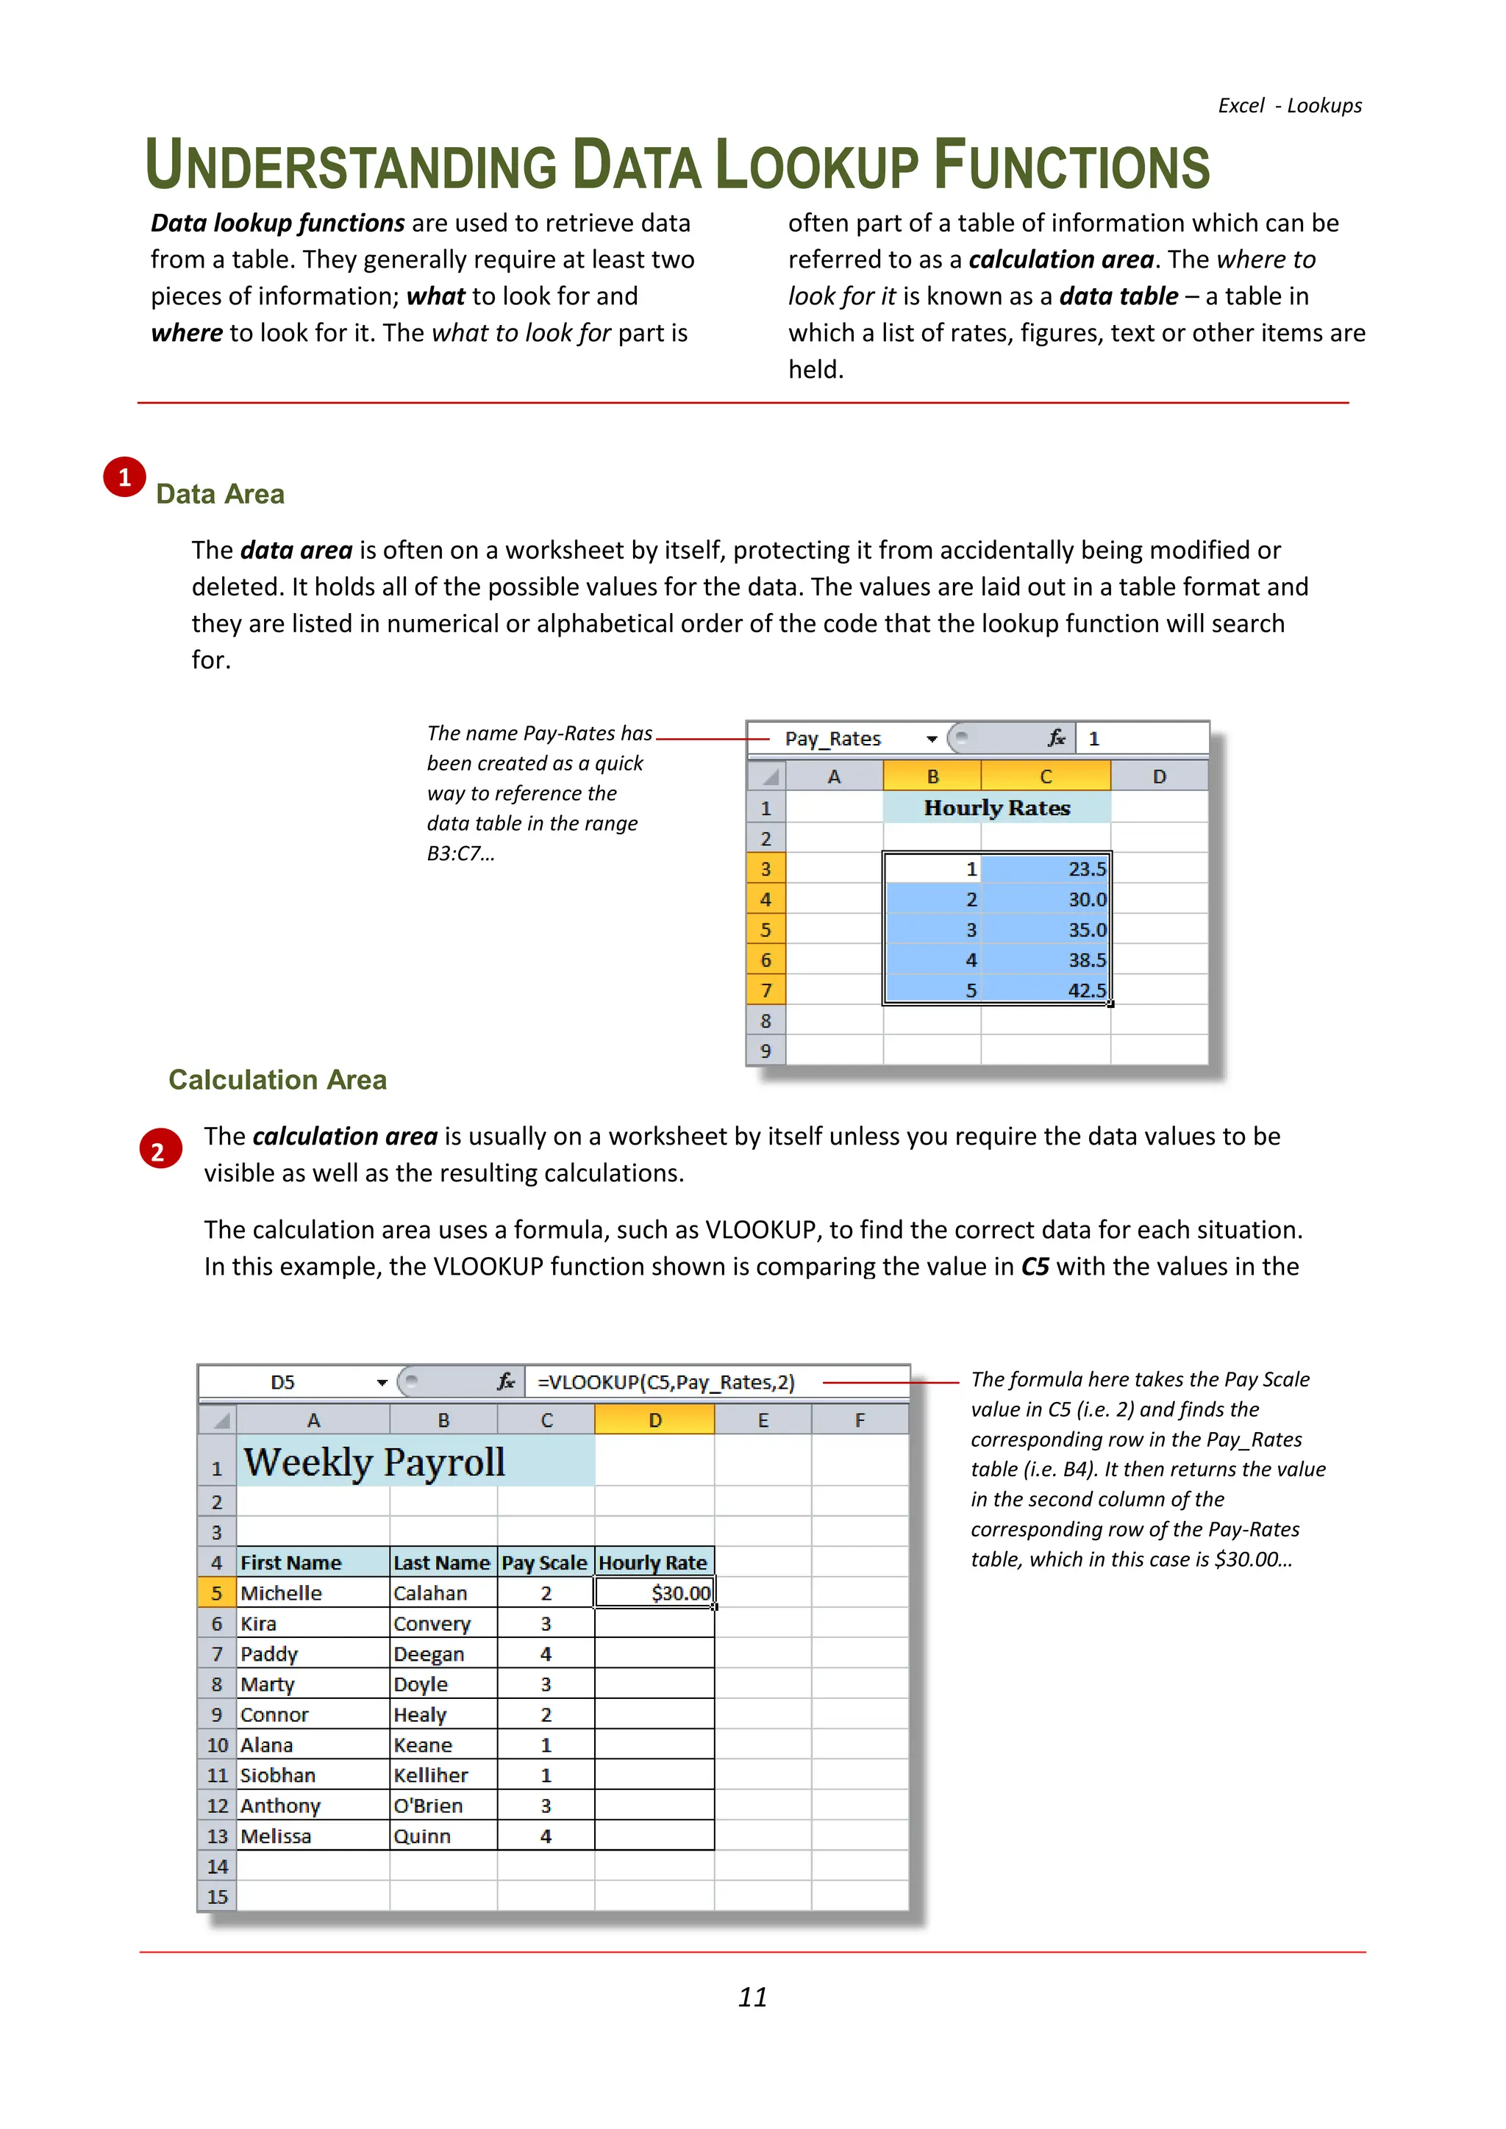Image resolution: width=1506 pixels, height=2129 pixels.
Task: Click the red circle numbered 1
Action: [124, 478]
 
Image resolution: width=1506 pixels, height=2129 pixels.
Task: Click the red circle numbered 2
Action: [160, 1151]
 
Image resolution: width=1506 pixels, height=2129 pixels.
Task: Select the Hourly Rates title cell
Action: [997, 808]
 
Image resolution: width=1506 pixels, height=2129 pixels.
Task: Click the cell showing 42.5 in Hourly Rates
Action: [1046, 990]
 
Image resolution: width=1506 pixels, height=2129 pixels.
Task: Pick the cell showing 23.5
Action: [1046, 869]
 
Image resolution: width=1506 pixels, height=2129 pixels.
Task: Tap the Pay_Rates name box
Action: [832, 739]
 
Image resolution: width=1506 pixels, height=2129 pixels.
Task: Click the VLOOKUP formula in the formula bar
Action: [665, 1383]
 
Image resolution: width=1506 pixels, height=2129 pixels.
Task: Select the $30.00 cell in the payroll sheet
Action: [654, 1593]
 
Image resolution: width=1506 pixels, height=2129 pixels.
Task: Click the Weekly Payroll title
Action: [374, 1462]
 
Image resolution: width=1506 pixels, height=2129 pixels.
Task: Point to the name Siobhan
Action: [277, 1775]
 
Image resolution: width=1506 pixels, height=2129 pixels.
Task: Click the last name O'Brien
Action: [427, 1806]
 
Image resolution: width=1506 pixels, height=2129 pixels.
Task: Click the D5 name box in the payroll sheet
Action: [283, 1383]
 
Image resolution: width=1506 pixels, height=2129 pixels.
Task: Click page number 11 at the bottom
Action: [752, 1997]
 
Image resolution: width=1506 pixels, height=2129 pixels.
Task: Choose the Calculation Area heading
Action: [277, 1079]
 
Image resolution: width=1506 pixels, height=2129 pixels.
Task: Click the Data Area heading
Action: [220, 494]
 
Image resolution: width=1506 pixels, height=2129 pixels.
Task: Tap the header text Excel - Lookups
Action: [1289, 106]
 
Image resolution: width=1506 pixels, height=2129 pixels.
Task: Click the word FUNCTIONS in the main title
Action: [1071, 167]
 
